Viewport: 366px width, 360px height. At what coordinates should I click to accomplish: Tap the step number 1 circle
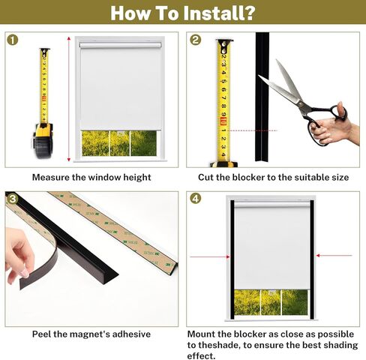tap(13, 40)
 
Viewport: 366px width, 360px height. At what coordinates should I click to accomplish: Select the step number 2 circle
tap(195, 40)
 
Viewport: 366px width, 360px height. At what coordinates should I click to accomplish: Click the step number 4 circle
tap(195, 199)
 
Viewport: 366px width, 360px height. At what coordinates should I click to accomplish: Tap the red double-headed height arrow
tap(69, 99)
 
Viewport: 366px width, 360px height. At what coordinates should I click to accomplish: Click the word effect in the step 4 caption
tap(200, 355)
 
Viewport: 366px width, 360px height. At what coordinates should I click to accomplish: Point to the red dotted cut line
tap(253, 130)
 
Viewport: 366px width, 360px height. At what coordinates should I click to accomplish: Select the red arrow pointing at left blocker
tap(210, 256)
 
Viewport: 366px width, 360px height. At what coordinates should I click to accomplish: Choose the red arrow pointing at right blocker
tap(334, 255)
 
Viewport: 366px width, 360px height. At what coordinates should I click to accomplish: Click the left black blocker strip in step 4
tap(232, 259)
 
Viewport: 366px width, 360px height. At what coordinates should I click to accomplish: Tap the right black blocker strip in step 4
tap(312, 259)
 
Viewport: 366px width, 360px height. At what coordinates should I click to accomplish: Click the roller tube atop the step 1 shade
tap(121, 45)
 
